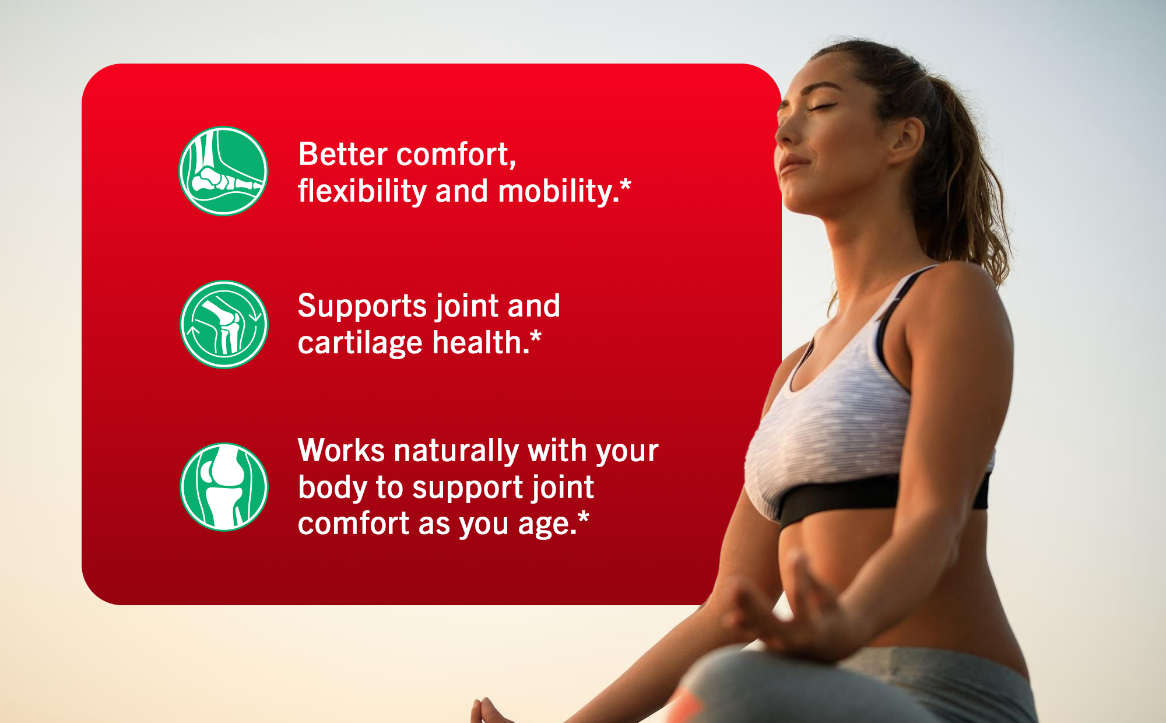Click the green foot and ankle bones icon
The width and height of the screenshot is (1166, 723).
click(223, 171)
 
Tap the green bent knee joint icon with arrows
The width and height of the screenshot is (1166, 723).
click(224, 324)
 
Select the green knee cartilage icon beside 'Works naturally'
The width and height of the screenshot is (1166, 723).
click(224, 487)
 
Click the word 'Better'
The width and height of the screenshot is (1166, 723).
click(343, 155)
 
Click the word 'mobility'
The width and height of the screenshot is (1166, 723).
click(555, 191)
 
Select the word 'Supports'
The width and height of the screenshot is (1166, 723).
click(362, 307)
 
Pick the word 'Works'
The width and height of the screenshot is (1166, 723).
click(341, 451)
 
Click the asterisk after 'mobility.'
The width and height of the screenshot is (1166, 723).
click(625, 186)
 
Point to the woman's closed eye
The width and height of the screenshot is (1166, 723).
click(823, 106)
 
